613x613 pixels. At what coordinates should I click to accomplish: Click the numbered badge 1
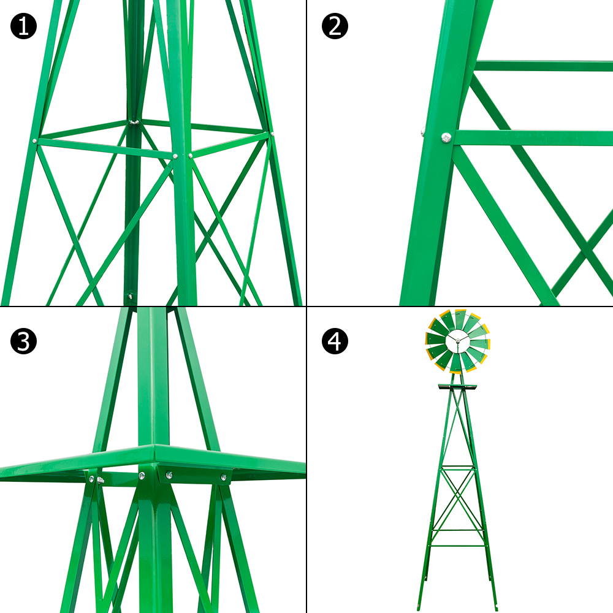click(x=23, y=26)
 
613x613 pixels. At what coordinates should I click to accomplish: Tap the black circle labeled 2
click(x=335, y=26)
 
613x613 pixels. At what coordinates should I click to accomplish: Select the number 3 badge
click(x=23, y=342)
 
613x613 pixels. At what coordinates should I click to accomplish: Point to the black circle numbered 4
click(x=335, y=342)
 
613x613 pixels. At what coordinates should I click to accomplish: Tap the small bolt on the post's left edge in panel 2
click(x=423, y=131)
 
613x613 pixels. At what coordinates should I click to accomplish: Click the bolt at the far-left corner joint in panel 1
click(x=35, y=141)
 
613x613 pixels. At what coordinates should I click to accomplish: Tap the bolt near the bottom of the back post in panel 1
click(x=129, y=297)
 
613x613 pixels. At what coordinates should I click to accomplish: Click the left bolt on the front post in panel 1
click(x=175, y=156)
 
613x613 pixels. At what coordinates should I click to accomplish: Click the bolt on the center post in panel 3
click(x=142, y=476)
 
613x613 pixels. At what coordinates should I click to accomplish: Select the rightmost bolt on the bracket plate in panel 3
click(x=224, y=477)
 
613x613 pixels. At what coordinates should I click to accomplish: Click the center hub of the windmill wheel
click(x=457, y=340)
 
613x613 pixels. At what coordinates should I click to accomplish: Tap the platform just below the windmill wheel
click(x=457, y=387)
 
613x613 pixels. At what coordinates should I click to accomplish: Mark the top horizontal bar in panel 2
click(x=543, y=66)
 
